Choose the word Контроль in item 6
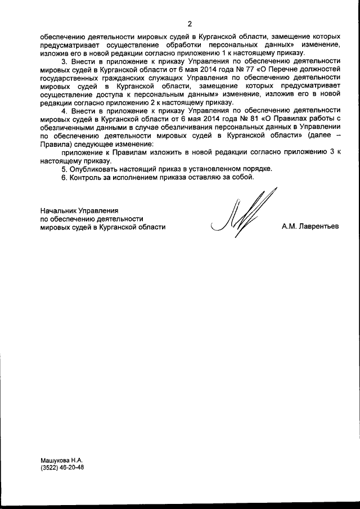[x=85, y=178]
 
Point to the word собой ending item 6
[x=243, y=178]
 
